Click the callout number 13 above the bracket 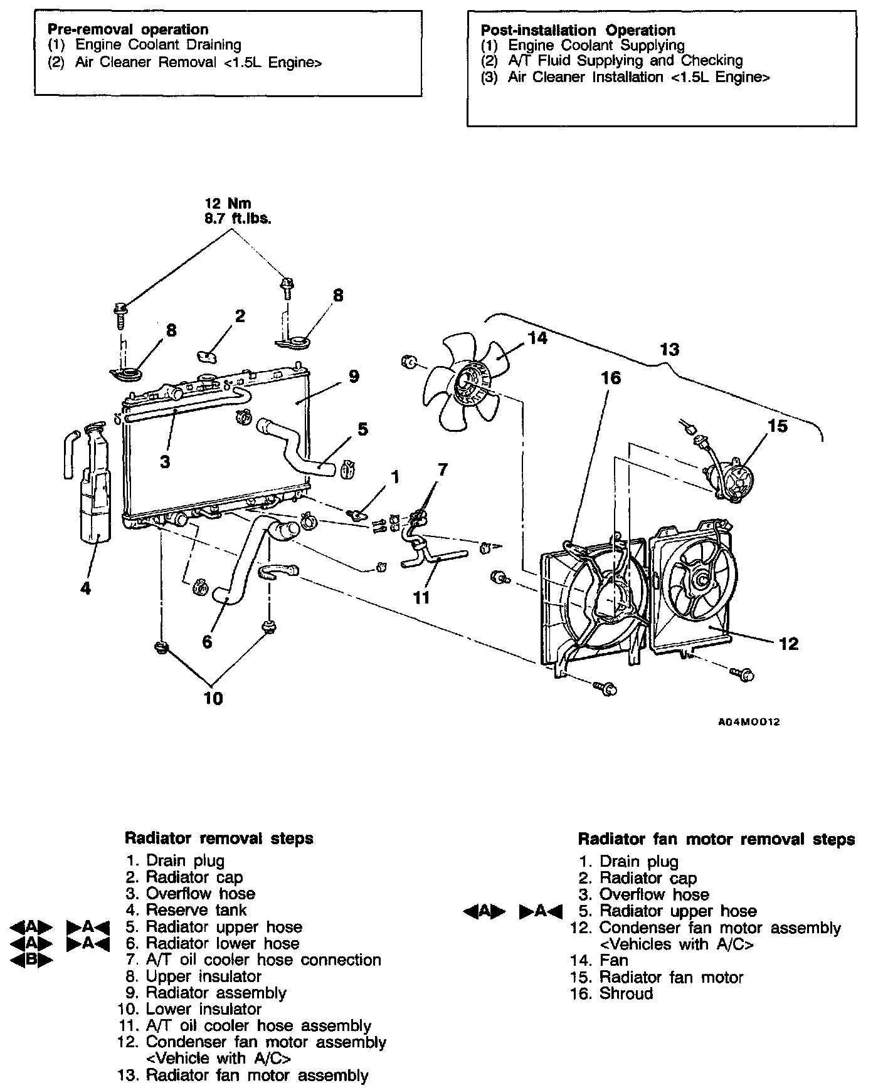coord(670,350)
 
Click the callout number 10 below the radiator coord(214,698)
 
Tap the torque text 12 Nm coord(228,204)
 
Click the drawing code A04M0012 coord(748,722)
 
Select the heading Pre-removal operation coord(128,29)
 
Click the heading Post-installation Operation coord(578,30)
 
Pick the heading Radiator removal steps coord(219,838)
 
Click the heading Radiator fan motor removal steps coord(716,839)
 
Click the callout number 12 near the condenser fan coord(788,644)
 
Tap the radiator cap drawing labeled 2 coord(208,355)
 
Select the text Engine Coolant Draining coord(158,45)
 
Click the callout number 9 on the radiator coord(354,377)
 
